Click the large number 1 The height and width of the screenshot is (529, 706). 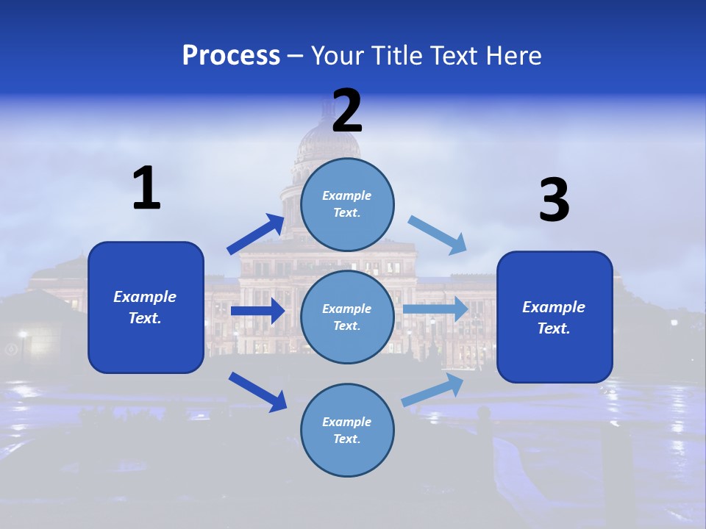point(146,189)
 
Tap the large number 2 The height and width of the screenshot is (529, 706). point(347,111)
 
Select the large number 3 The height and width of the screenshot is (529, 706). point(554,201)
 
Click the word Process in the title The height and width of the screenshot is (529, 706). point(231,55)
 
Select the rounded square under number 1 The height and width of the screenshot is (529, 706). point(146,307)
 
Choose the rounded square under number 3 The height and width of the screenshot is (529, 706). point(555,317)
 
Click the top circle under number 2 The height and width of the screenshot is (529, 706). point(347,204)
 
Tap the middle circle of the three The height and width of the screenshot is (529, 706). point(347,317)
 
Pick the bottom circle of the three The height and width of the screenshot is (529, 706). point(347,430)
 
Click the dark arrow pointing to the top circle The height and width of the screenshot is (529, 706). point(256,234)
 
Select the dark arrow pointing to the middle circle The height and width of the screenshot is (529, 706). point(257,311)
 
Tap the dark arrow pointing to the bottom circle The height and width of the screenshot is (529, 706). point(258,391)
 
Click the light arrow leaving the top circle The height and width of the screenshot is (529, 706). point(438,234)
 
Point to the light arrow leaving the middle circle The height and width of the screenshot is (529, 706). point(435,309)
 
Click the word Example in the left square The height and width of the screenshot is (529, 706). point(145,297)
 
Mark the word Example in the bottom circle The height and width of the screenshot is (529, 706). point(347,422)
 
